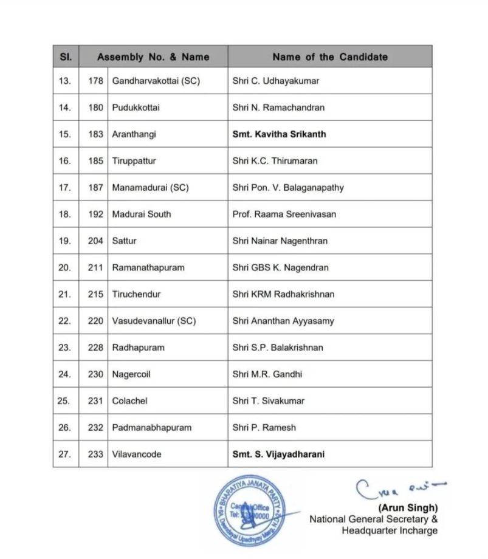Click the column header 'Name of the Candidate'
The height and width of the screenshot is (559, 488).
(x=329, y=57)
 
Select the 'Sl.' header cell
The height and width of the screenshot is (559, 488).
(x=66, y=57)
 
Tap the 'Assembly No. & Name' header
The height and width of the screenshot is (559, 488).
(x=153, y=57)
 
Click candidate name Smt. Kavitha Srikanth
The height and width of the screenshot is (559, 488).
(x=279, y=134)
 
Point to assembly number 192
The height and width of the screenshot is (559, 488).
(x=95, y=214)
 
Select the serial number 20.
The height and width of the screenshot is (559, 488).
(x=65, y=267)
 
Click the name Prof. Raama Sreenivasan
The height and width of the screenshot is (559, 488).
(x=284, y=214)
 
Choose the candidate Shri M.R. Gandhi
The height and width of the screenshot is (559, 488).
(x=267, y=374)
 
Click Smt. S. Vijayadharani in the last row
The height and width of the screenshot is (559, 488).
(x=278, y=454)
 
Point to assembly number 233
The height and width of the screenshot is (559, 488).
(x=95, y=454)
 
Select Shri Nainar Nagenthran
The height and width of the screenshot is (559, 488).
(x=280, y=241)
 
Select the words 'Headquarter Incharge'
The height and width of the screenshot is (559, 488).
(x=389, y=530)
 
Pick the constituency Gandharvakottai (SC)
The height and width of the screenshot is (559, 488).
(x=156, y=81)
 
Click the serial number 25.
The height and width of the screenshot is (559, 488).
(x=65, y=401)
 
